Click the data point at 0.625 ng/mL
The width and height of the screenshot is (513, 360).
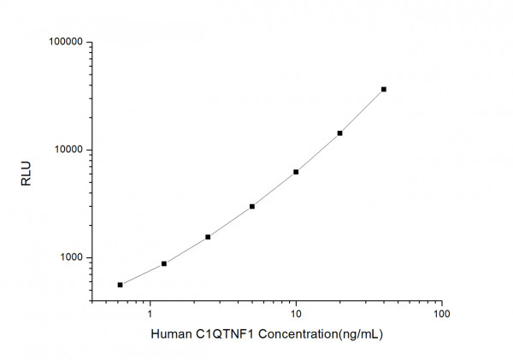pyautogui.click(x=120, y=285)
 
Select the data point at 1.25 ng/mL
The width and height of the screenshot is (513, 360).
pyautogui.click(x=164, y=263)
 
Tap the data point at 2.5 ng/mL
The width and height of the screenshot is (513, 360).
pyautogui.click(x=208, y=237)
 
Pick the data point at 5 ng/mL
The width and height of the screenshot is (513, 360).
pyautogui.click(x=252, y=206)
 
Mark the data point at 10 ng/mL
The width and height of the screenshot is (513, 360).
pyautogui.click(x=296, y=172)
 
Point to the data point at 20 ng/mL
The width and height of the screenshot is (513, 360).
pyautogui.click(x=339, y=133)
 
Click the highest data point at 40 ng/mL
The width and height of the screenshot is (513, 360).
pyautogui.click(x=384, y=89)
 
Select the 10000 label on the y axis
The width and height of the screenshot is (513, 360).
pyautogui.click(x=66, y=150)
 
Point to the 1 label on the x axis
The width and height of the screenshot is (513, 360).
pyautogui.click(x=150, y=313)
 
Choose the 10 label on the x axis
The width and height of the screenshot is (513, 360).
pyautogui.click(x=296, y=313)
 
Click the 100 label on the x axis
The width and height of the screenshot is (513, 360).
pyautogui.click(x=441, y=313)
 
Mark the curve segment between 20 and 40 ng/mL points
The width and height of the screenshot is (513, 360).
pyautogui.click(x=362, y=112)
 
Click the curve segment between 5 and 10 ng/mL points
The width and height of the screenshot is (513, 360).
pyautogui.click(x=274, y=190)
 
